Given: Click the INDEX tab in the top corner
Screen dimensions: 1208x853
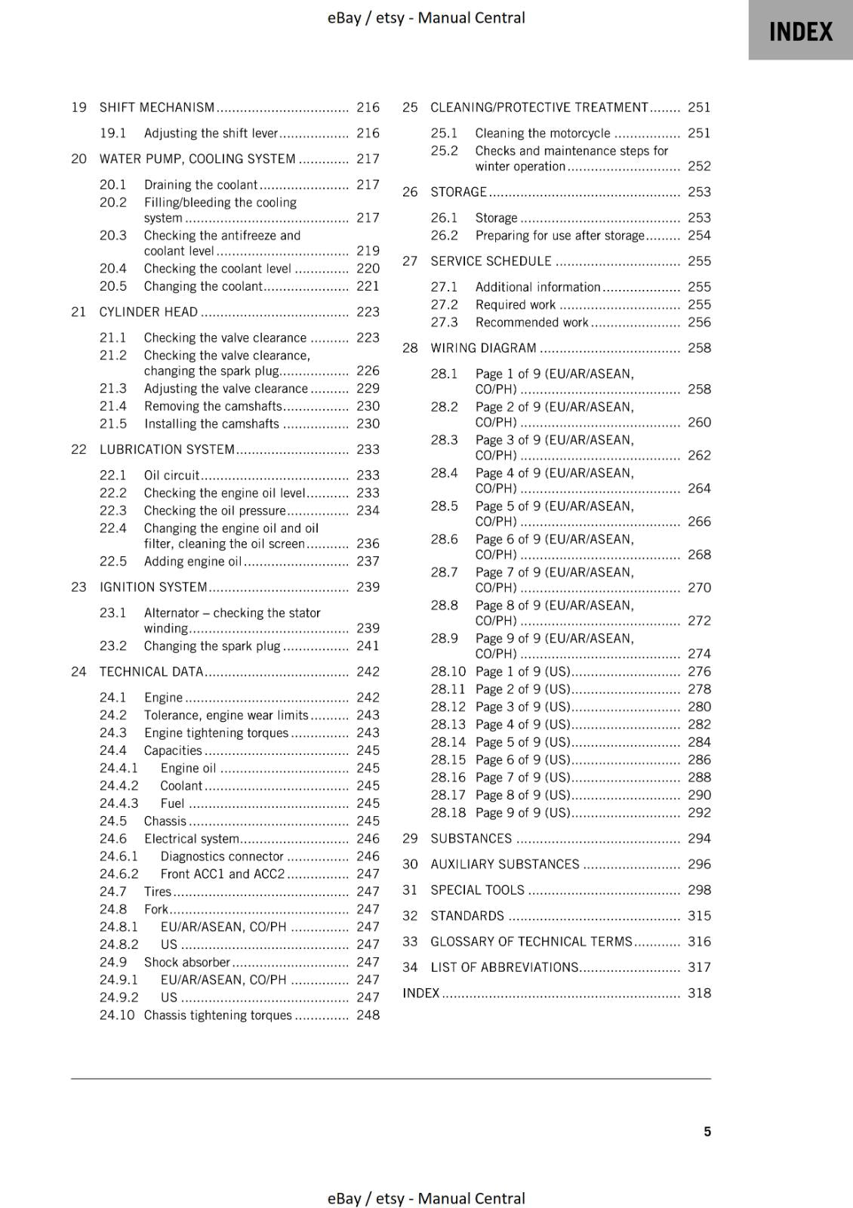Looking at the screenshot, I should [800, 31].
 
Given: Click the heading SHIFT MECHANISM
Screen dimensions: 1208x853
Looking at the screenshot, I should [157, 107].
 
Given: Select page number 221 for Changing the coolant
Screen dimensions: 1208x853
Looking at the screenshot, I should [368, 286].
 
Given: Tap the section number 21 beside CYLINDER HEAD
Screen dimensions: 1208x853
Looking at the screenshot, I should [79, 312].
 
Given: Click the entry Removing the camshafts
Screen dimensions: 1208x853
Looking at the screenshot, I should [213, 406].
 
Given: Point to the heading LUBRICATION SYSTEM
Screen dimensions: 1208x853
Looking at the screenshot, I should [167, 449].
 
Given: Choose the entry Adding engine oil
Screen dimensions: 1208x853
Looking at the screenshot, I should [192, 561].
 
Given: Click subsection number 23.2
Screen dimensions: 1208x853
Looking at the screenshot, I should [113, 646].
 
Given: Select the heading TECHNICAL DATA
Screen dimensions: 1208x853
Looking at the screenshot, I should [151, 671].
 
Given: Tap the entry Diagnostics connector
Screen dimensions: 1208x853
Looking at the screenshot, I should [222, 856].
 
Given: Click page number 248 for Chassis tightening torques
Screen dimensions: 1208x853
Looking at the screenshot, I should [368, 1015].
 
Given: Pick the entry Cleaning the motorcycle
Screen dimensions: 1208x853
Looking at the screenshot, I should [542, 133].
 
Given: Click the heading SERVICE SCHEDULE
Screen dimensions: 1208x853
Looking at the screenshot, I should [491, 261].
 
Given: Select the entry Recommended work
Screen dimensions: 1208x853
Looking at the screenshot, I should [531, 322].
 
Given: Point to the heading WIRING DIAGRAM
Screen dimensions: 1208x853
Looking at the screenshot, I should [483, 348].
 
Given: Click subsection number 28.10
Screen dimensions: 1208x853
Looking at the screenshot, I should [448, 671].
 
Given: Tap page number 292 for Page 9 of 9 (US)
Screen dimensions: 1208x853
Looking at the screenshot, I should [699, 812].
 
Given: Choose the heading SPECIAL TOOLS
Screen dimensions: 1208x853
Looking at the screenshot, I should [477, 890].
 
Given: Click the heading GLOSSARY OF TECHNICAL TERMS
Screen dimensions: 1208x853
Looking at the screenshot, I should [531, 941].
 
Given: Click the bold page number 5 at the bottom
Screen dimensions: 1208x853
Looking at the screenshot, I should [707, 1131].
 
